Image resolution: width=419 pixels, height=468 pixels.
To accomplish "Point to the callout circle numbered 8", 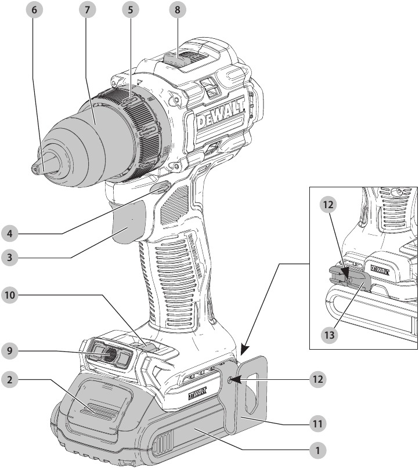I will [178, 11].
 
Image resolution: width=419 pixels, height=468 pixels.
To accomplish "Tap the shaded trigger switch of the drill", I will [129, 228].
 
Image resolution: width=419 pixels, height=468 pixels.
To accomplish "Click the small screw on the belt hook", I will [232, 380].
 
